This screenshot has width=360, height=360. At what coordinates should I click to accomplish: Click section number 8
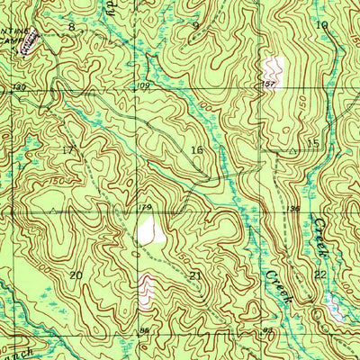tap(72, 28)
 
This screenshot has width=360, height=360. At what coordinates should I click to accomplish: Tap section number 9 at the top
tap(196, 25)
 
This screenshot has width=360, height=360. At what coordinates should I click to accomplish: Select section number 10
tap(321, 25)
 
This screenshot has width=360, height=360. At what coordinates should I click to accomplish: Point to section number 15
tap(313, 144)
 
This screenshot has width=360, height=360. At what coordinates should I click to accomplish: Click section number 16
tap(197, 149)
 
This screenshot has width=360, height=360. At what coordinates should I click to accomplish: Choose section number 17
tap(68, 149)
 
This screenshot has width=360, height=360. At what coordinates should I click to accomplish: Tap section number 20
tap(76, 274)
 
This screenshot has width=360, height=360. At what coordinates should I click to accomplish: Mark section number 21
tap(196, 274)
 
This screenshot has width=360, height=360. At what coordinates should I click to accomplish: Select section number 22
tap(319, 274)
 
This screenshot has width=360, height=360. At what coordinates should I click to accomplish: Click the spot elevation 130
tap(18, 87)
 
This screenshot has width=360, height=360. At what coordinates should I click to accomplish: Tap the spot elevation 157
tap(267, 85)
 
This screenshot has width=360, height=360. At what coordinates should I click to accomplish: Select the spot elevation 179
tap(143, 210)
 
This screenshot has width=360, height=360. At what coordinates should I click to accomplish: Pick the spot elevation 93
tap(267, 331)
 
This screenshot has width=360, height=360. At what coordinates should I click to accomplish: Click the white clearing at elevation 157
tap(271, 69)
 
